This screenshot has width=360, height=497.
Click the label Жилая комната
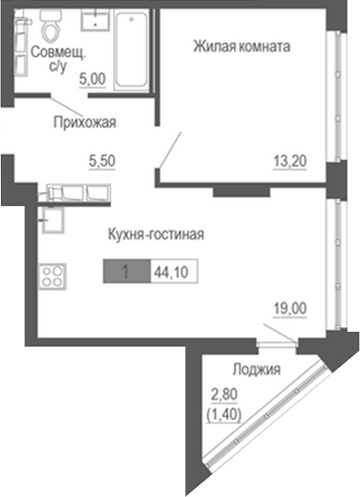tap(241, 46)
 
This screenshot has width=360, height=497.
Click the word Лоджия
tap(255, 369)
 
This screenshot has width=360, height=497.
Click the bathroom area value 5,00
tap(91, 80)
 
